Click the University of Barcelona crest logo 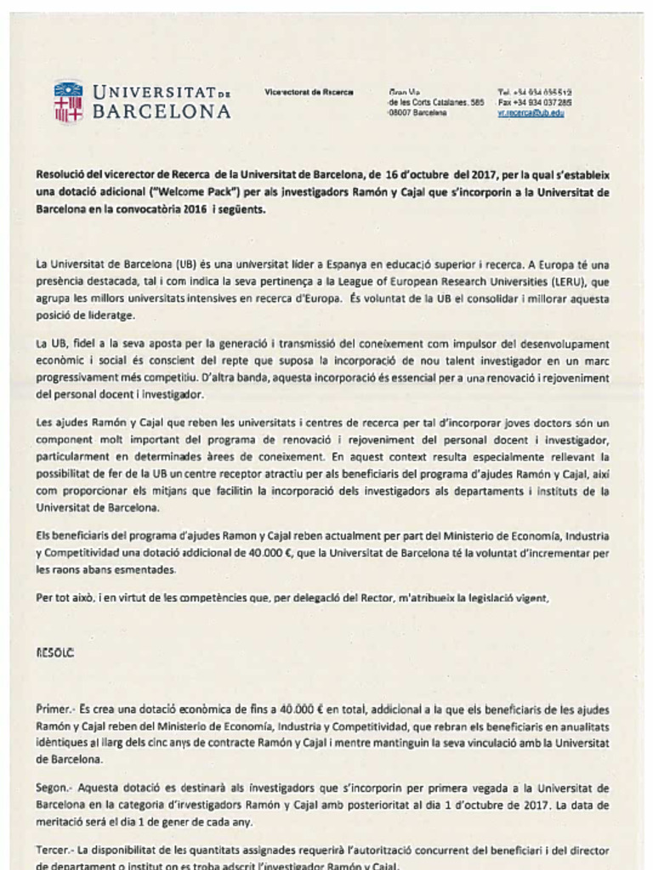coord(68,102)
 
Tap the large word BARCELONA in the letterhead coord(161,111)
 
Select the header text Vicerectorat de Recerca coord(309,92)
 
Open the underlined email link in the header coord(531,112)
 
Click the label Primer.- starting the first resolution coord(56,709)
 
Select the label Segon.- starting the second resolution coord(56,788)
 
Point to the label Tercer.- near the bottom coord(56,850)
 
